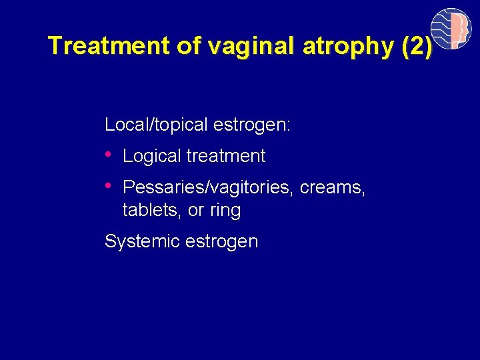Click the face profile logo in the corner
[x=451, y=29]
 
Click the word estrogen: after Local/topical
[x=251, y=125]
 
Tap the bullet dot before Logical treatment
[x=109, y=154]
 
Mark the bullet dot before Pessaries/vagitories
[x=109, y=185]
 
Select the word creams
[x=332, y=188]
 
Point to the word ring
[x=225, y=211]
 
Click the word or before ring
[x=196, y=211]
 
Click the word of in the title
[x=189, y=46]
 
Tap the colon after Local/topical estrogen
[x=288, y=126]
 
